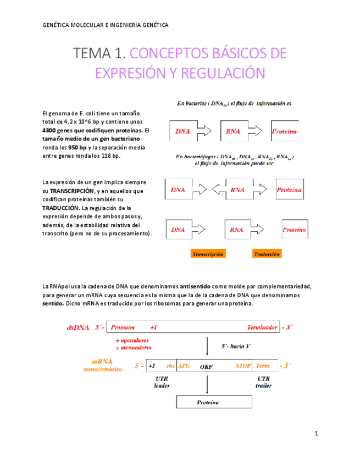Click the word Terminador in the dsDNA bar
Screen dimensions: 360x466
[262, 328]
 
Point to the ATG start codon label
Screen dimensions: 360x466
[184, 365]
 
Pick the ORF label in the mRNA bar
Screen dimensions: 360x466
[207, 366]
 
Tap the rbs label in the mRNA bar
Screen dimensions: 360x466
[170, 365]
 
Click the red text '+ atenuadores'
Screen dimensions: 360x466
[134, 347]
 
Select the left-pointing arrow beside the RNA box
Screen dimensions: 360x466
[218, 190]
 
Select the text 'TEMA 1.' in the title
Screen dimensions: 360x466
[100, 54]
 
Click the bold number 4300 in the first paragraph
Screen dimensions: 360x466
[51, 130]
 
